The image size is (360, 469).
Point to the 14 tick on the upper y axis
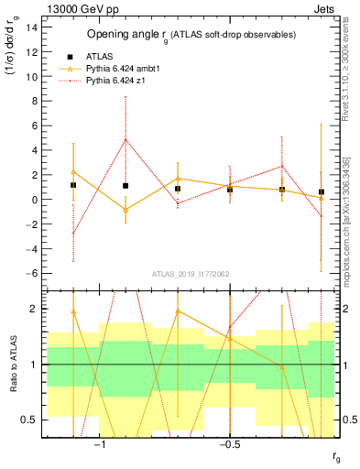tap(35, 27)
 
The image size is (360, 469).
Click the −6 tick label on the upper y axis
tap(33, 273)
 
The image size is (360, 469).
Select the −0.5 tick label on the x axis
tap(229, 446)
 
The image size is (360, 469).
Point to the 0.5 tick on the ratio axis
tap(33, 420)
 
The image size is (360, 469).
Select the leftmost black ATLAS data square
tap(73, 185)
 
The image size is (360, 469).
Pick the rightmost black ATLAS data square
tap(321, 192)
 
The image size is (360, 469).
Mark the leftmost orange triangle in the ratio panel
tap(73, 311)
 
